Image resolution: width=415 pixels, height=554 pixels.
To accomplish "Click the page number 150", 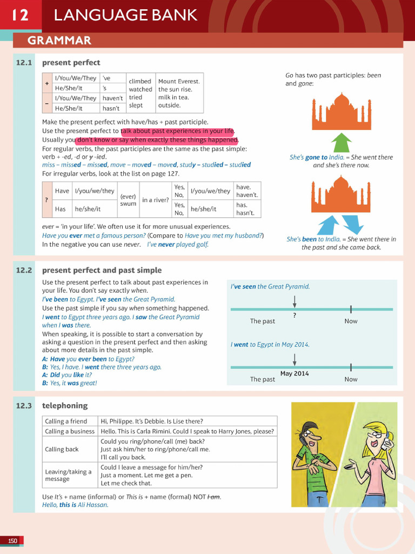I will click(x=12, y=540).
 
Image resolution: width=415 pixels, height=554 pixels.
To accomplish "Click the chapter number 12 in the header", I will click(x=20, y=15).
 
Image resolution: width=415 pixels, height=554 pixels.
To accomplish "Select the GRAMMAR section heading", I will click(x=59, y=41).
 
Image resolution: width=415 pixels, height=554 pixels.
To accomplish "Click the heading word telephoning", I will click(x=64, y=405).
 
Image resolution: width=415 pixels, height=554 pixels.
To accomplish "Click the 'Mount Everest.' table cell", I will click(x=179, y=81).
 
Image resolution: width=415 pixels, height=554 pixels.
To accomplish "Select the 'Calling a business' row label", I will click(x=70, y=431).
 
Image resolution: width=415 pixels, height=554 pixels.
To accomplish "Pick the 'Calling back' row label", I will click(x=62, y=449).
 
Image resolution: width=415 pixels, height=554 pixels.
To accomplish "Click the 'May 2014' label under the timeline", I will click(x=294, y=373).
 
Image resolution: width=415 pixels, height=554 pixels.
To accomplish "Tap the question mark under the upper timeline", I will click(x=294, y=315).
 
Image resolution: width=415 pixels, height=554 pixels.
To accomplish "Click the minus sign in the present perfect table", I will click(x=47, y=103).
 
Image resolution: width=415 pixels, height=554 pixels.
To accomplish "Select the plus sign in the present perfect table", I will click(x=47, y=83).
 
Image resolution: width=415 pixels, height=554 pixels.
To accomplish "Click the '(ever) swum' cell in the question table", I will click(x=128, y=200).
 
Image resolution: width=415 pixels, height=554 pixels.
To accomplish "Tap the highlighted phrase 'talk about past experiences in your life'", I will click(x=178, y=131).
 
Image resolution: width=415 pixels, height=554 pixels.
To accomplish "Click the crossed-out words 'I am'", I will click(x=213, y=497).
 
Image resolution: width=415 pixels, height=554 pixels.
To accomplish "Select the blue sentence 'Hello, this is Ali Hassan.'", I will click(x=75, y=505).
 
